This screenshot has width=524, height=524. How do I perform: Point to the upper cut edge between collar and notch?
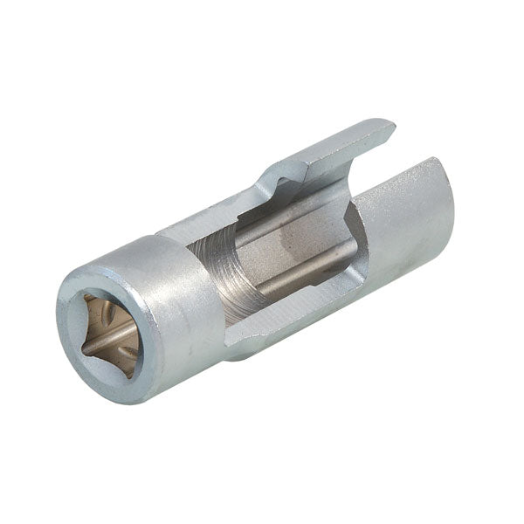(210, 218)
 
